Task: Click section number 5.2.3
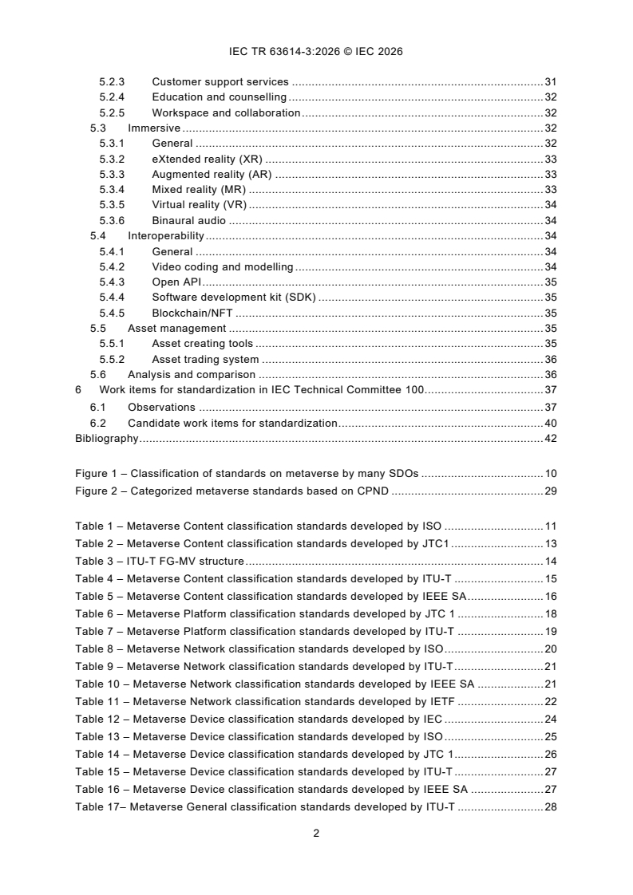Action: pos(113,81)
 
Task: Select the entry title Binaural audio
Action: pos(188,220)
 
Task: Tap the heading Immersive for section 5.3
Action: pos(154,128)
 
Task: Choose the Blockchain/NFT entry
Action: pos(192,313)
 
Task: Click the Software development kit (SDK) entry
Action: pos(235,298)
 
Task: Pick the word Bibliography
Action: pos(106,438)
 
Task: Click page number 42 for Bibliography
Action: pos(550,438)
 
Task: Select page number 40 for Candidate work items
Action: pos(550,423)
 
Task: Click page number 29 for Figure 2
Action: pos(550,490)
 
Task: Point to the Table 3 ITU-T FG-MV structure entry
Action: pos(160,561)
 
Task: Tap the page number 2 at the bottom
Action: pos(316,834)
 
